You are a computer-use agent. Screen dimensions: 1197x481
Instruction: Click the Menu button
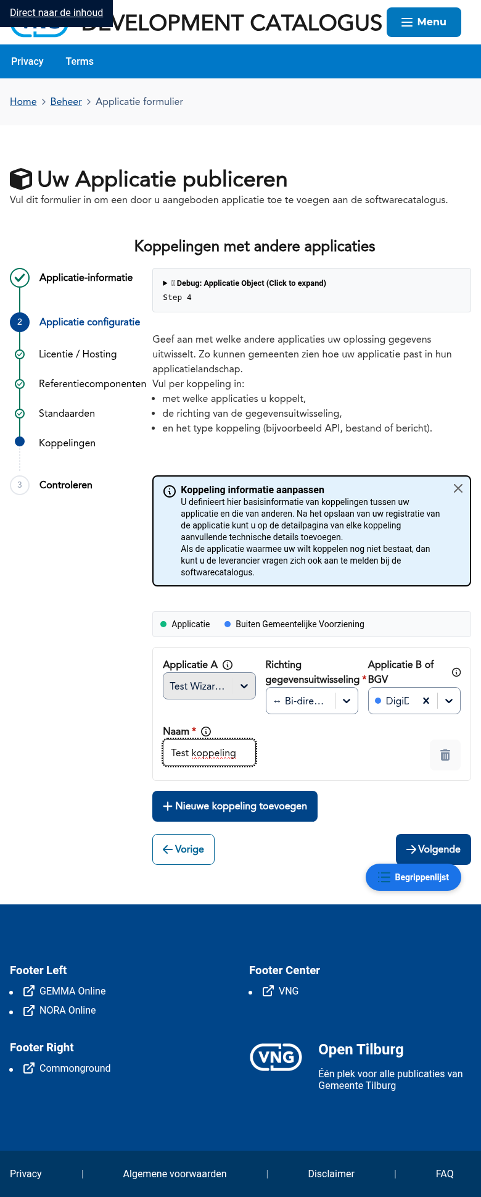coord(424,22)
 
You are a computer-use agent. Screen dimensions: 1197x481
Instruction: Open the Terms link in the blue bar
coord(80,62)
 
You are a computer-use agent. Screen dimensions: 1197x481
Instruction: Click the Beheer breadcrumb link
coord(66,102)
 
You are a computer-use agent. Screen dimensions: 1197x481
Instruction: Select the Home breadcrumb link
coord(23,102)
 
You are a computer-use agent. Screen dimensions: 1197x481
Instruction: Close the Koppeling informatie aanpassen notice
coord(458,488)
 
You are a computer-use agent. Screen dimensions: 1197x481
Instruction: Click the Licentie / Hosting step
coord(78,354)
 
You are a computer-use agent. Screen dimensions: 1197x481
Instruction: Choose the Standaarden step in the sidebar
coord(67,414)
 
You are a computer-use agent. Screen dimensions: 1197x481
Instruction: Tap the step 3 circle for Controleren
coord(20,485)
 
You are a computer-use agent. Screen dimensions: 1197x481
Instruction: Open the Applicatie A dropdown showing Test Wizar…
coord(209,686)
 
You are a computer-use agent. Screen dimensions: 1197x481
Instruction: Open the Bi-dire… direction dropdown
coord(311,701)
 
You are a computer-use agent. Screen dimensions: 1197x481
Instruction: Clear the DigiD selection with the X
coord(425,701)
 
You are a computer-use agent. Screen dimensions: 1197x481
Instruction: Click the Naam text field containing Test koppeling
coord(209,753)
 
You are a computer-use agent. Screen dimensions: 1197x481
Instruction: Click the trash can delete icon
coord(445,755)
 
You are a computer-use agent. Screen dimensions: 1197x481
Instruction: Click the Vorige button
coord(183,849)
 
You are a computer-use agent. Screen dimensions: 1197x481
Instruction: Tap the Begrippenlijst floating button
coord(413,877)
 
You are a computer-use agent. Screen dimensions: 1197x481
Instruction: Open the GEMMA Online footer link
coord(72,991)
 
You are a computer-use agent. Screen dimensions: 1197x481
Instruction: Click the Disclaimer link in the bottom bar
coord(331,1174)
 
